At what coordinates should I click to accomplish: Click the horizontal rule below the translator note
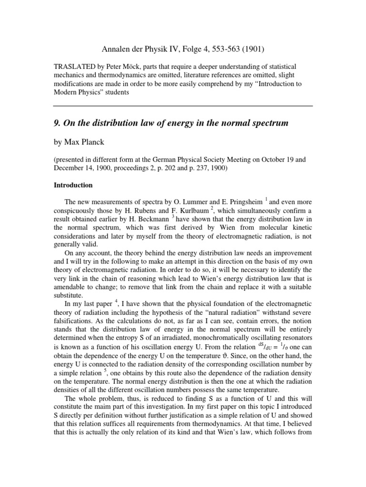pos(183,105)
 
